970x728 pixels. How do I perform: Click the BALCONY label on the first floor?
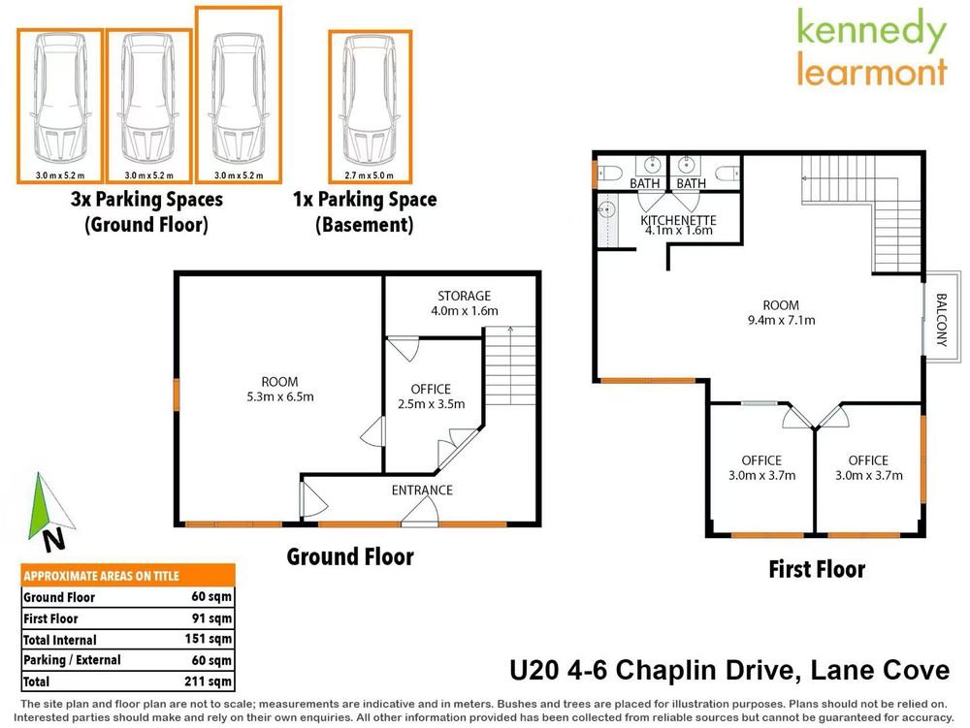(x=941, y=320)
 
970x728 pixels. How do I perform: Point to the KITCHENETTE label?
(x=677, y=220)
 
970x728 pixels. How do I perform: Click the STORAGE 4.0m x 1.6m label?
(x=464, y=303)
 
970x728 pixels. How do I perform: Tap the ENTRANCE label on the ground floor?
(x=422, y=490)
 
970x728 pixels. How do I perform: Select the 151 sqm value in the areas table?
(x=208, y=639)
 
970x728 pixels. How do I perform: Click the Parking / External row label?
(x=72, y=660)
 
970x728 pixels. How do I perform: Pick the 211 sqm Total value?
(x=208, y=681)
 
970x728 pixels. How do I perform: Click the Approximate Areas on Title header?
(x=101, y=575)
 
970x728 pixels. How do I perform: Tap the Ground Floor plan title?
(x=350, y=557)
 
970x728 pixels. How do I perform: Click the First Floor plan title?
(x=817, y=569)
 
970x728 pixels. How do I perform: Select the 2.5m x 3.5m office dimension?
(x=431, y=404)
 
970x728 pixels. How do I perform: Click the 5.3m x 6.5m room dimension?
(x=279, y=396)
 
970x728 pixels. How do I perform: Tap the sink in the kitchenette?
(x=608, y=208)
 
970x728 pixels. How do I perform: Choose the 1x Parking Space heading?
(x=365, y=200)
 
